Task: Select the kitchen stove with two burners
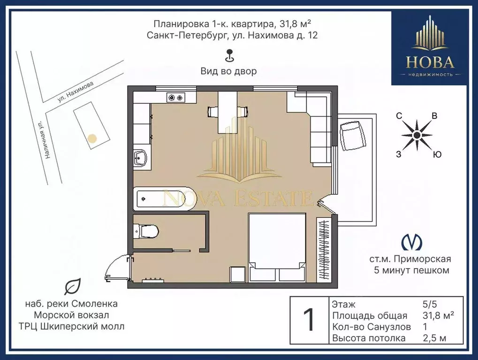tap(175, 98)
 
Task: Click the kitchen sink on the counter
tap(141, 157)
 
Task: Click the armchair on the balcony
tap(353, 136)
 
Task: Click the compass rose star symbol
tap(417, 135)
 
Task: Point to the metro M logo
tap(412, 242)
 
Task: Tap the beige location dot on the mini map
tap(92, 138)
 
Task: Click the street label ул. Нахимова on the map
tap(76, 91)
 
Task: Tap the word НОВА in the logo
tap(430, 62)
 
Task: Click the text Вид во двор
tap(229, 71)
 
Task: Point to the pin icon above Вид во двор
tap(229, 56)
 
